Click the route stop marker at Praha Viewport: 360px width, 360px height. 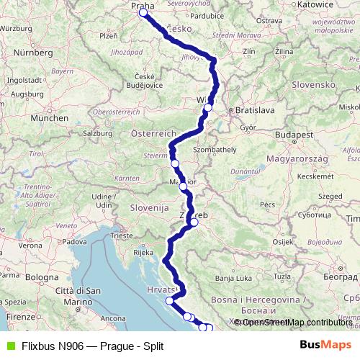(x=143, y=12)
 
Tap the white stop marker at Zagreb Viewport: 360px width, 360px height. (x=194, y=222)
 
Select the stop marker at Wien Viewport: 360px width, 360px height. (x=208, y=108)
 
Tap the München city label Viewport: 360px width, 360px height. (x=49, y=117)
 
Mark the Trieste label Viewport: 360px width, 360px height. (x=122, y=235)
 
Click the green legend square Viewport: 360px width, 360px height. (x=9, y=346)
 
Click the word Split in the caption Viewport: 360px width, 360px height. (x=152, y=346)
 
